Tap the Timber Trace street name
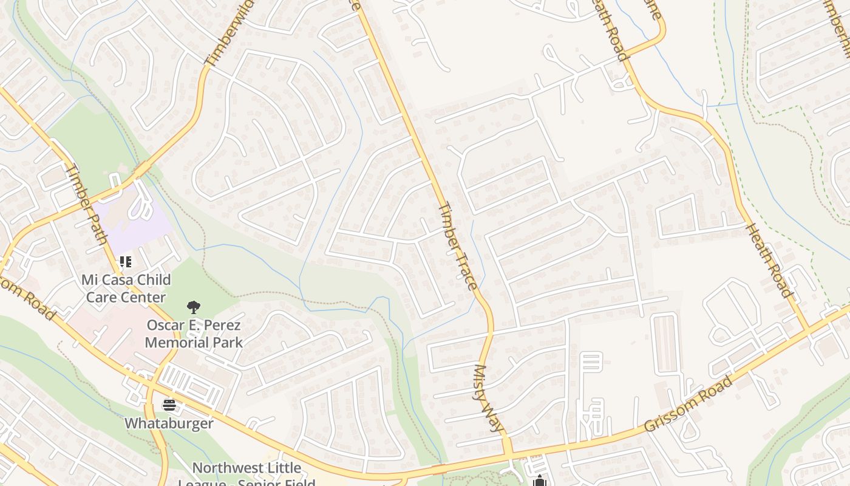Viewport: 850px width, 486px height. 457,245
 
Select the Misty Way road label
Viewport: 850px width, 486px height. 489,398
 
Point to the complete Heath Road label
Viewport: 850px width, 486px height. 769,261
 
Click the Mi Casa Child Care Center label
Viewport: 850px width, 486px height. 126,289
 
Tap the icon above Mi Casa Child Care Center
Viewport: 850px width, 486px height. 125,262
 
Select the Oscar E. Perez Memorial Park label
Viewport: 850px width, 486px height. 194,334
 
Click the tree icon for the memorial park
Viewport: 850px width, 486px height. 194,307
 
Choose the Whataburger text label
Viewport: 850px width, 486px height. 169,423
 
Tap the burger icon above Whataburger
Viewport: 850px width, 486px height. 169,405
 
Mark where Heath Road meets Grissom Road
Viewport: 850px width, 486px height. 809,330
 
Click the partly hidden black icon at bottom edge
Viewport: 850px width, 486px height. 539,481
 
